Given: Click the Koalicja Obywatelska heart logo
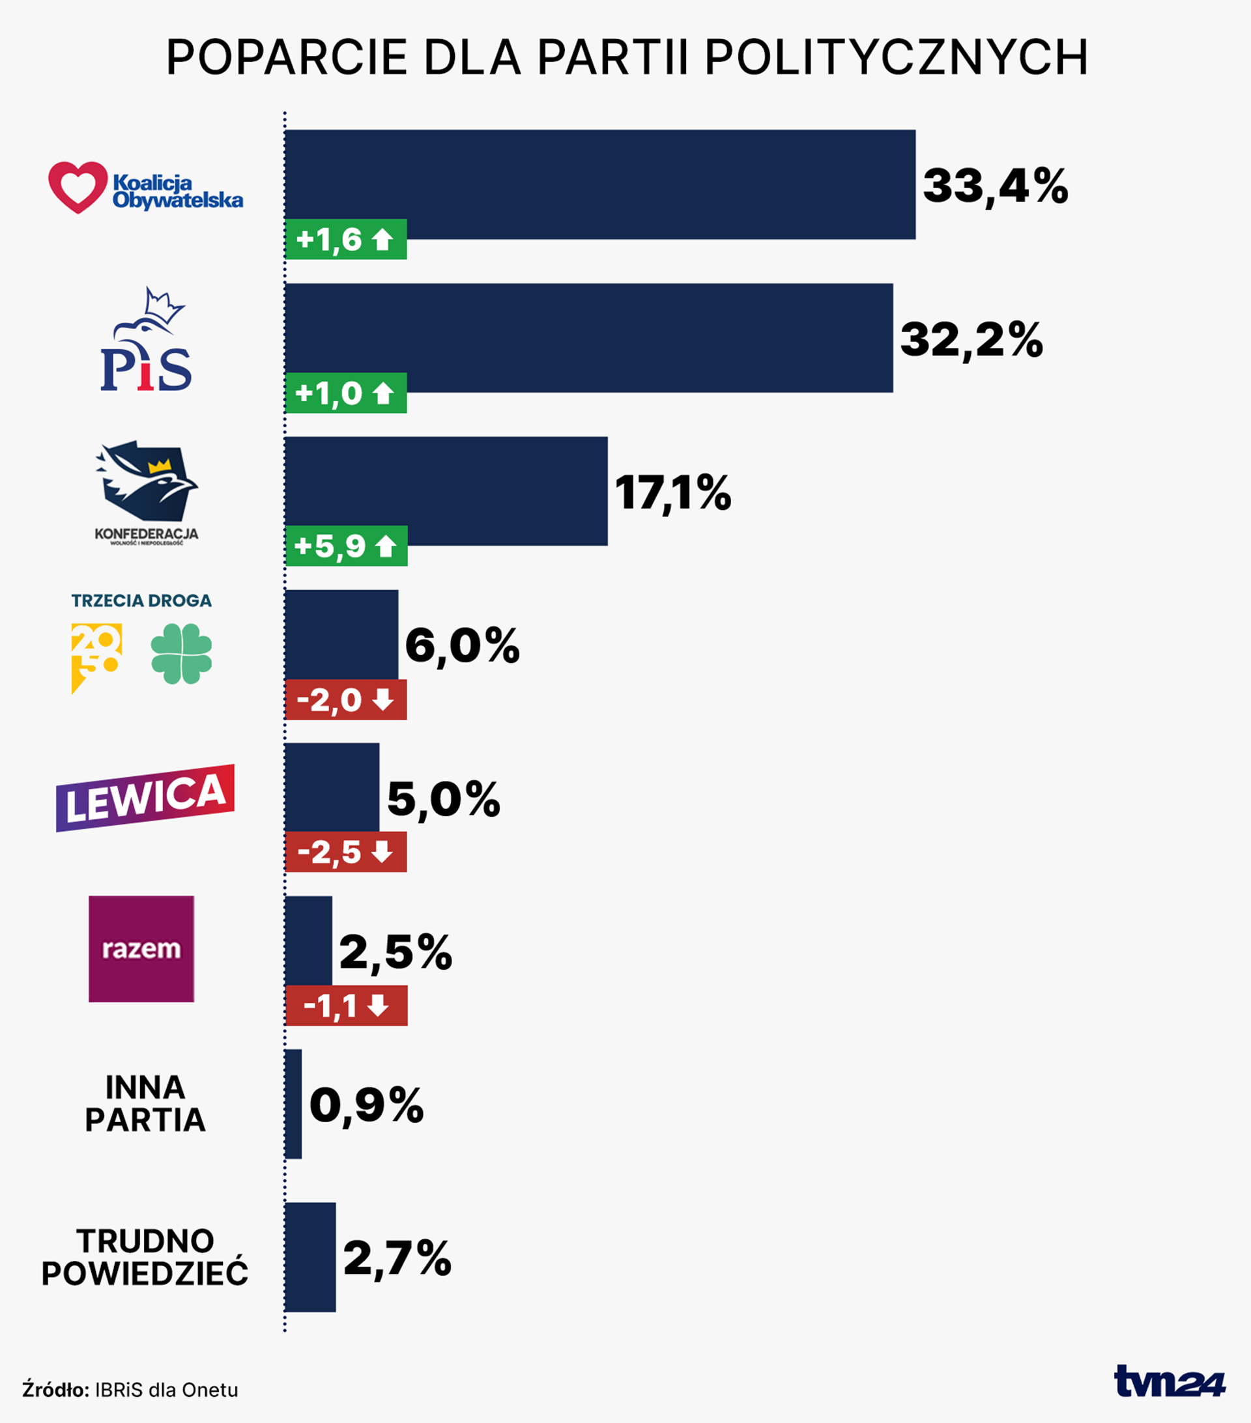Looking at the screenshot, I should [78, 186].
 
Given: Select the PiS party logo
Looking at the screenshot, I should [146, 341].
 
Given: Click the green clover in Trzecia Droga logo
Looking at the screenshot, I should [181, 653].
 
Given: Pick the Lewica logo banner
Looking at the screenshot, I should [145, 798].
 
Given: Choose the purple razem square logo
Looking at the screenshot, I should [141, 949].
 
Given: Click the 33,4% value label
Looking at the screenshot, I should [995, 186].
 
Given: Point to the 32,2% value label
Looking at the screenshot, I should [971, 340].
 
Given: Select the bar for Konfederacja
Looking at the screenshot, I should [446, 491].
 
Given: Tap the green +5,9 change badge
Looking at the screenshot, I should [346, 546].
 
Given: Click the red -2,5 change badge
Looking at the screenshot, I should [346, 852].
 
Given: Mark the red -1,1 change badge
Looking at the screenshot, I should [346, 1006].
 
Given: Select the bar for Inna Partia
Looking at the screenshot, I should [293, 1103].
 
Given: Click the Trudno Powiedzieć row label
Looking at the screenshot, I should [145, 1258].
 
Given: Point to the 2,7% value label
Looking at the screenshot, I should [397, 1258].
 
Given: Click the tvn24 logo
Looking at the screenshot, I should [1169, 1381].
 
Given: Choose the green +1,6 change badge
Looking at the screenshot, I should [346, 240].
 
